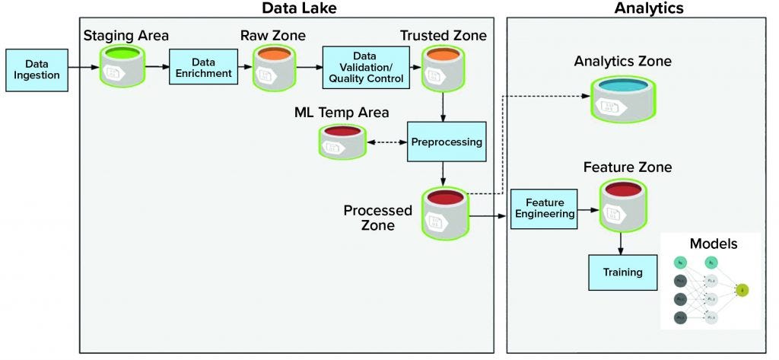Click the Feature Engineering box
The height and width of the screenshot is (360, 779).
click(x=542, y=209)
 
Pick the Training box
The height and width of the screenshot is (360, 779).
click(x=622, y=272)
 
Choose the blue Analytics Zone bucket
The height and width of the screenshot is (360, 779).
click(x=622, y=100)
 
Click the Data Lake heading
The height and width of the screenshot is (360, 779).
click(x=299, y=8)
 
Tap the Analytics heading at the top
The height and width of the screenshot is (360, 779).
click(x=649, y=8)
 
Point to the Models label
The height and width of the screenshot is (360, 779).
click(x=713, y=244)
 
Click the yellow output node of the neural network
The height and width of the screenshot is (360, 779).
click(x=743, y=289)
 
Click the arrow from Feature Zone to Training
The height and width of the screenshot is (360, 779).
click(x=622, y=243)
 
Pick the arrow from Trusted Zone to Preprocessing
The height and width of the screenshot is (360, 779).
click(x=441, y=106)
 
